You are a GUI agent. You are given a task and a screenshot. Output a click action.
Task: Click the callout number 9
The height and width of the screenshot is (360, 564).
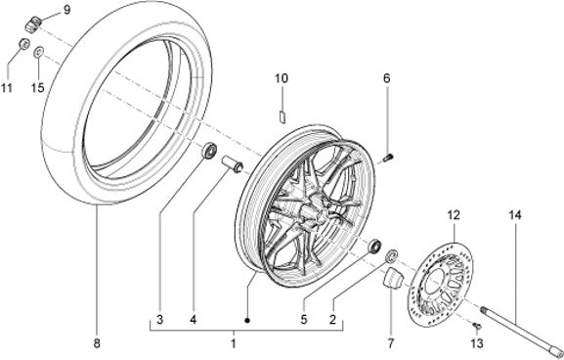[x=66, y=10]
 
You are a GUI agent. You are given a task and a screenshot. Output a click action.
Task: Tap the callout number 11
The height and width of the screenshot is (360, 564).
[x=6, y=87]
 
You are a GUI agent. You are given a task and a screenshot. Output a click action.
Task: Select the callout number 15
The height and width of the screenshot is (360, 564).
[x=37, y=87]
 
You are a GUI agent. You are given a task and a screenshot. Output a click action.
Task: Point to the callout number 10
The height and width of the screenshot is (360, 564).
[x=282, y=78]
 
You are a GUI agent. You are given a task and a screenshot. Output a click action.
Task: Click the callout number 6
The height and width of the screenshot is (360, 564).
[x=387, y=78]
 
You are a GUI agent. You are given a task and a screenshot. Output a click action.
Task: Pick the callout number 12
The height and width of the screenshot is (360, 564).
[x=454, y=215]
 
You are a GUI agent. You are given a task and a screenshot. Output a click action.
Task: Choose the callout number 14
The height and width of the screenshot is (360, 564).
[x=515, y=215]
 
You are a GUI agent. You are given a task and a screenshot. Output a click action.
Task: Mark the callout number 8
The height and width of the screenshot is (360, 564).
[x=97, y=343]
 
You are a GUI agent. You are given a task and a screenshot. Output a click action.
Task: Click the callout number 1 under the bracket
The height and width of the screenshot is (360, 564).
[x=233, y=343]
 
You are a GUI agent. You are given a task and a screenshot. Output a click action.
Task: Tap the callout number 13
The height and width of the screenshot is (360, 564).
[x=477, y=343]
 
